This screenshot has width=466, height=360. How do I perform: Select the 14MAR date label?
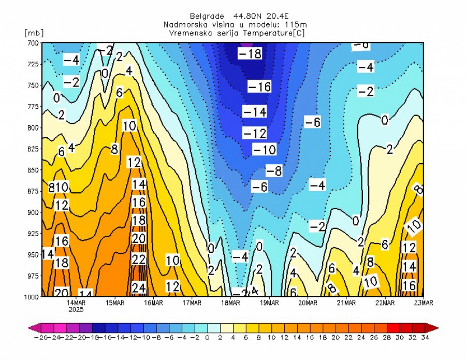tap(76, 303)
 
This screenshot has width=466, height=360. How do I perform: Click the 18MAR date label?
tap(230, 303)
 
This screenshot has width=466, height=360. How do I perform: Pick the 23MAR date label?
tap(424, 303)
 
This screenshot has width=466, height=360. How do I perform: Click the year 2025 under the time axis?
tap(76, 310)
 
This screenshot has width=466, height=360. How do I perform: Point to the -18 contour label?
tap(250, 54)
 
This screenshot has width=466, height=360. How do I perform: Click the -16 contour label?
tap(259, 87)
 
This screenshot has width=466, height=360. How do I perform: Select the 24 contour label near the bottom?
tap(138, 287)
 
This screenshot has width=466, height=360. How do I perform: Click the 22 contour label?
tap(138, 259)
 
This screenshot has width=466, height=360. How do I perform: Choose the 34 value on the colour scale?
tap(424, 338)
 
